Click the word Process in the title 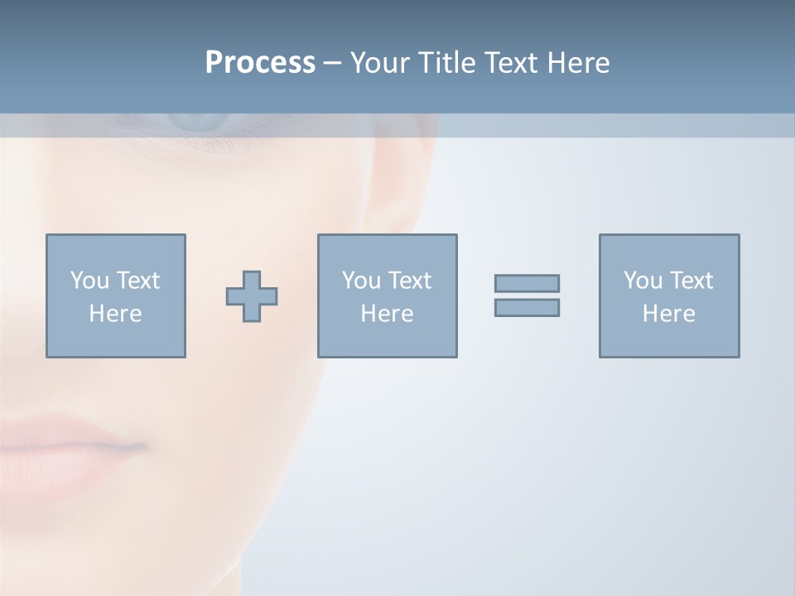pyautogui.click(x=260, y=63)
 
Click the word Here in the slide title pyautogui.click(x=579, y=63)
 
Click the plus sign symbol pyautogui.click(x=252, y=296)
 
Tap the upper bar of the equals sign pyautogui.click(x=527, y=283)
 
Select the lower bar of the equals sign pyautogui.click(x=527, y=308)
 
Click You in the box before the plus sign pyautogui.click(x=89, y=281)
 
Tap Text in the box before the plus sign pyautogui.click(x=137, y=281)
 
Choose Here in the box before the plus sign pyautogui.click(x=115, y=314)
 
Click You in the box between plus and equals pyautogui.click(x=360, y=281)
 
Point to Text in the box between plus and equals pyautogui.click(x=409, y=281)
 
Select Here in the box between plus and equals pyautogui.click(x=387, y=314)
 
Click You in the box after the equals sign pyautogui.click(x=642, y=281)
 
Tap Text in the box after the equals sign pyautogui.click(x=691, y=281)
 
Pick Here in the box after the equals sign pyautogui.click(x=668, y=314)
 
